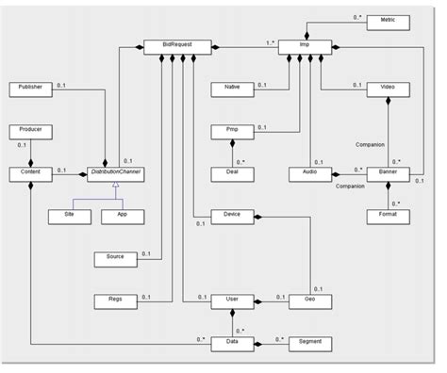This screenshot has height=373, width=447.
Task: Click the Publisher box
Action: [x=30, y=88]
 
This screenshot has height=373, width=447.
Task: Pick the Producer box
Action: [x=30, y=130]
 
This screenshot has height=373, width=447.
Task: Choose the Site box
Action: [x=69, y=216]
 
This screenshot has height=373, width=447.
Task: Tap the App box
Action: [x=120, y=216]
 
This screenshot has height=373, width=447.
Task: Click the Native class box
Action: [x=232, y=88]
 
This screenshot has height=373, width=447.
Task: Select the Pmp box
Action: [x=232, y=130]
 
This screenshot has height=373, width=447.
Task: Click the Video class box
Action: [x=388, y=88]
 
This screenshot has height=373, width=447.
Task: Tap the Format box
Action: [x=388, y=216]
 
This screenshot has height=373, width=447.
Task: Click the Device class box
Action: [x=232, y=216]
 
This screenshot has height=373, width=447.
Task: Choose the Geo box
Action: [x=308, y=300]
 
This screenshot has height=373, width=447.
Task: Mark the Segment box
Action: [x=308, y=343]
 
